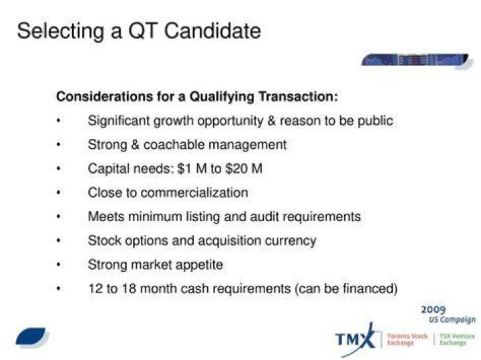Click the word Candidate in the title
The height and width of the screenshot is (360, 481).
pos(212,31)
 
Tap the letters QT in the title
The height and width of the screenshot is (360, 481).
pos(143,31)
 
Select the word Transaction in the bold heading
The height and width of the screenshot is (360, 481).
pos(298,97)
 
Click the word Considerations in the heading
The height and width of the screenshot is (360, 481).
pos(104,97)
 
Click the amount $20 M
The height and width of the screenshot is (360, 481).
pos(244,169)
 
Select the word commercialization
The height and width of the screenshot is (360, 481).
pos(194,192)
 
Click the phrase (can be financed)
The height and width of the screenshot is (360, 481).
pos(346,289)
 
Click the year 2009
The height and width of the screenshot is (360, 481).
pos(433,310)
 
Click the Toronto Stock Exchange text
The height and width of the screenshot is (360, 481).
pos(407,339)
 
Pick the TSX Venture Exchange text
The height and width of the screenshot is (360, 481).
pos(457,339)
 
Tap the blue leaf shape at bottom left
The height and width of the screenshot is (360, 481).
pos(31,336)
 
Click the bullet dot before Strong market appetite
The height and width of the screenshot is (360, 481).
pos(59,264)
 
